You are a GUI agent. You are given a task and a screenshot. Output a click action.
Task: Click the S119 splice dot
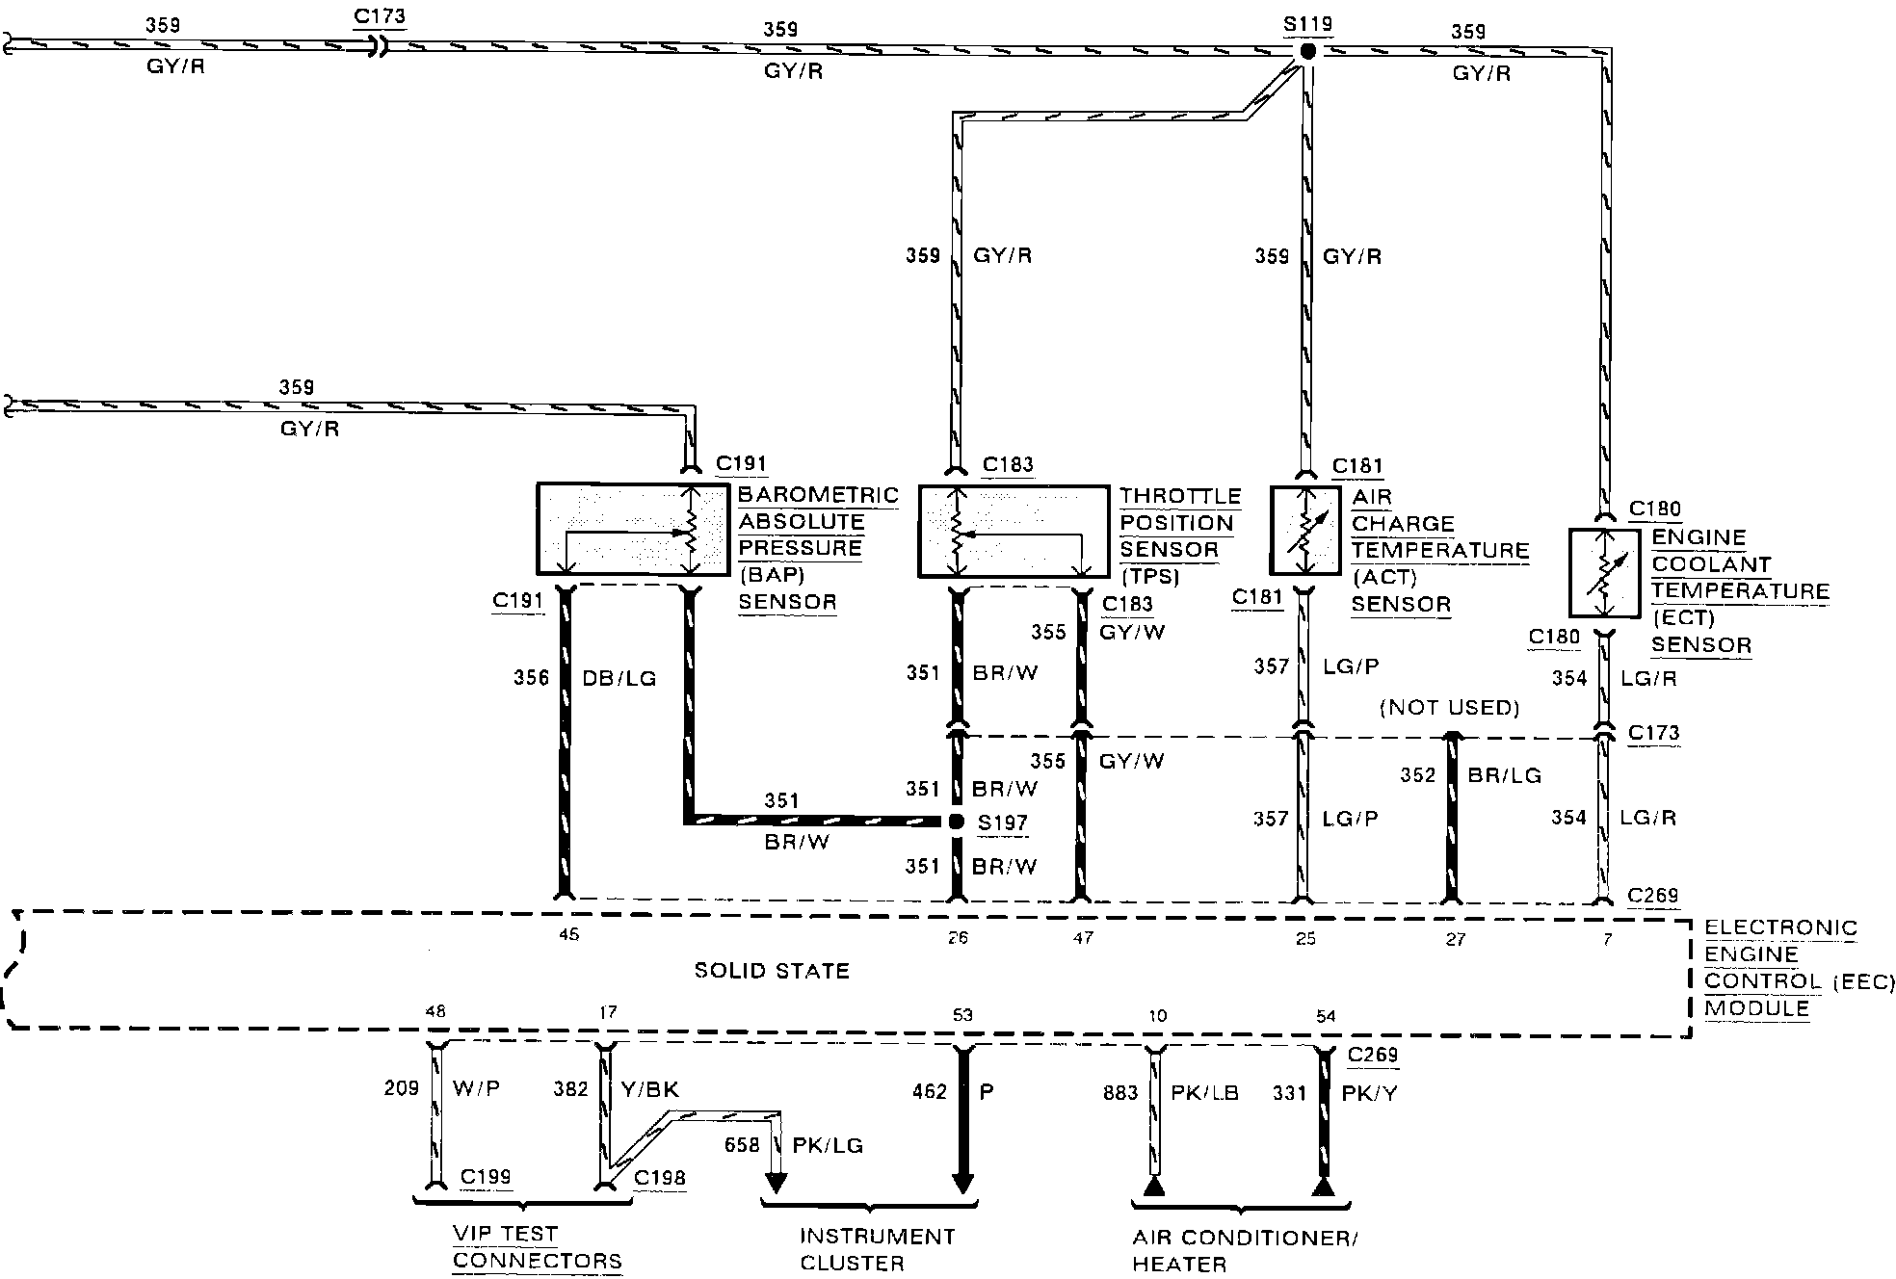point(1306,51)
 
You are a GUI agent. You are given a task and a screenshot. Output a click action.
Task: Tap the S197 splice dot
point(956,822)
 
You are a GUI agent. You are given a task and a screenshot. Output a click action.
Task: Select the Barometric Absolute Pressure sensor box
point(632,530)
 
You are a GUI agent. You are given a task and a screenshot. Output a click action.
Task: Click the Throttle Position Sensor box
point(1013,532)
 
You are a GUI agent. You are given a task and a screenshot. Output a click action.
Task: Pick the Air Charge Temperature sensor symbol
point(1304,531)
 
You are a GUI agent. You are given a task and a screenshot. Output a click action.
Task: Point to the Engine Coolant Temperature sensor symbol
point(1604,573)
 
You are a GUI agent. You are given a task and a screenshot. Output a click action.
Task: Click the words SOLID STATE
point(772,971)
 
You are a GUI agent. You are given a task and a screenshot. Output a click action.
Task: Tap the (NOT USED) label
point(1449,708)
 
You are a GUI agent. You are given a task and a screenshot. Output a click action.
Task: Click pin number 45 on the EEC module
point(568,934)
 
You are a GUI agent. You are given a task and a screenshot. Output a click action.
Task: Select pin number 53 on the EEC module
point(961,1015)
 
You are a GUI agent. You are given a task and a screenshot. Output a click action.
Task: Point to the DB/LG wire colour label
point(619,678)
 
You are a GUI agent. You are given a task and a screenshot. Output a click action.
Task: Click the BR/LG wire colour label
point(1505,775)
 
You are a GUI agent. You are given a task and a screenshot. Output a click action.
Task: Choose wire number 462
point(930,1091)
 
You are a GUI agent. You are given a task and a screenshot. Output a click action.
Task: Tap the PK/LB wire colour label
point(1204,1093)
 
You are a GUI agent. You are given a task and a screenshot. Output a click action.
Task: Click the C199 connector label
point(486,1177)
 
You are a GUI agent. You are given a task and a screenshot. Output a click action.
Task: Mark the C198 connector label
point(660,1178)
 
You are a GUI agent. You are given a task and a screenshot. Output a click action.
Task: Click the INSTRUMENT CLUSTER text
point(877,1249)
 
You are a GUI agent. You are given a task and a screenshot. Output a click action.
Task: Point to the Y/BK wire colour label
point(650,1089)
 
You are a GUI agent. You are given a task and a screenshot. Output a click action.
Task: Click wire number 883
point(1120,1093)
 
